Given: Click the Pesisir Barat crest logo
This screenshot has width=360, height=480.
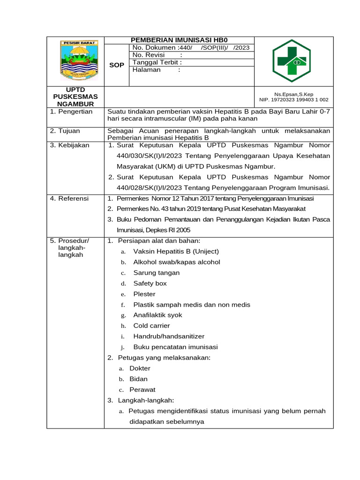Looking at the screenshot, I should [x=79, y=60].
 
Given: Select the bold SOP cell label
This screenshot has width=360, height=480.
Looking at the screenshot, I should [x=116, y=65].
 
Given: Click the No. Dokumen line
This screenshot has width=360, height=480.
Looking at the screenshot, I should [x=191, y=48].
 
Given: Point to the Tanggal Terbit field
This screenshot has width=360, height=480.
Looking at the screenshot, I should [x=157, y=62].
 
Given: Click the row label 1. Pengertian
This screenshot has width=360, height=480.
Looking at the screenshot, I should [x=71, y=112].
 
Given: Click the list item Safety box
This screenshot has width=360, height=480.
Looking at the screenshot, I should [x=150, y=284].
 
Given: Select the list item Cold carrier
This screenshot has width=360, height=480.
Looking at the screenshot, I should [x=151, y=326].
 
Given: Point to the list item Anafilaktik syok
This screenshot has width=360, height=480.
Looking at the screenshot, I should [x=157, y=315].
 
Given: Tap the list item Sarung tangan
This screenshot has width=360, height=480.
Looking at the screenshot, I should [x=156, y=273].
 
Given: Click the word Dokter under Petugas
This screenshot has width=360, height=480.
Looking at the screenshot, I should [x=140, y=368].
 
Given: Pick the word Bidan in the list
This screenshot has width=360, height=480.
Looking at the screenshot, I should [x=138, y=379].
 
